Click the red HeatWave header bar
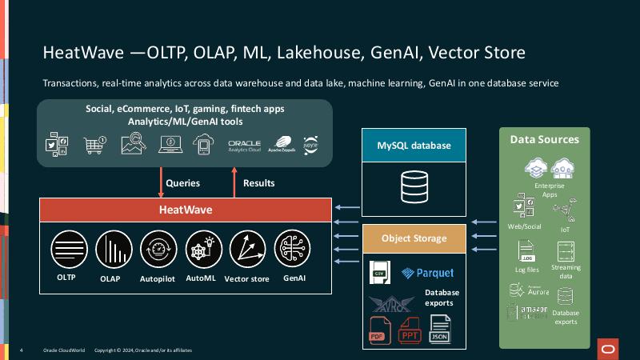tap(186, 210)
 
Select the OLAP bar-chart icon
tap(110, 248)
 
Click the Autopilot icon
tap(156, 248)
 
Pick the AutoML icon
tap(201, 248)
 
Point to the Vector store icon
tap(246, 248)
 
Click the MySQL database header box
tap(414, 146)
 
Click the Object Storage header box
tap(414, 238)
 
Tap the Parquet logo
tap(428, 273)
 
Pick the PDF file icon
tap(378, 330)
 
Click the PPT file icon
tap(410, 330)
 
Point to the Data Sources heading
tap(544, 139)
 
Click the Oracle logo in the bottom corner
tap(608, 346)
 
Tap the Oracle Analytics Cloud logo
tap(245, 145)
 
